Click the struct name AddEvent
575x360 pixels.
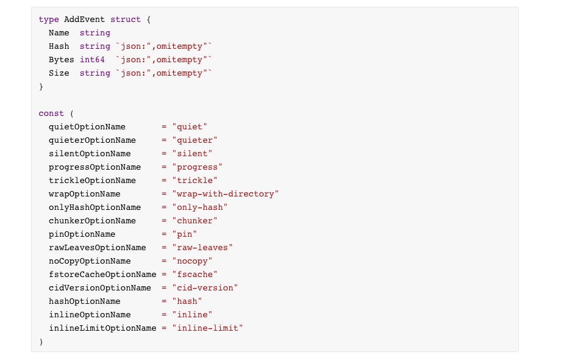pos(84,20)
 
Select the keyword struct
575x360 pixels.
pos(126,20)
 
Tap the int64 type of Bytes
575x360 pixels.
pos(93,59)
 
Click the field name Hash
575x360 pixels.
pos(59,46)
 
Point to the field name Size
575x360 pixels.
pos(59,73)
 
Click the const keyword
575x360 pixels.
pos(51,113)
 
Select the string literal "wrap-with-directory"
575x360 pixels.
pos(226,194)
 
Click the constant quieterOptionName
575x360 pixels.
pos(93,140)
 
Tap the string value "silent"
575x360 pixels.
pos(192,153)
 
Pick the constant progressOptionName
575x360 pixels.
pos(95,167)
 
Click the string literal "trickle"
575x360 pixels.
pos(195,180)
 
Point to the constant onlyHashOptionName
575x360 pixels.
pos(95,207)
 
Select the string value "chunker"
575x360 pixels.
pos(195,220)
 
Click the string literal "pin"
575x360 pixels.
pos(185,234)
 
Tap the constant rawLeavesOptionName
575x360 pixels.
pos(98,248)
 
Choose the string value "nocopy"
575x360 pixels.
pos(192,261)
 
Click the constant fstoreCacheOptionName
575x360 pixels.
pos(102,275)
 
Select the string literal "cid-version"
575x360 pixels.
pos(205,288)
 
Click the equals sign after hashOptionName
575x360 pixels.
pos(164,301)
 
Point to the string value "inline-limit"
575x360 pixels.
pos(207,328)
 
